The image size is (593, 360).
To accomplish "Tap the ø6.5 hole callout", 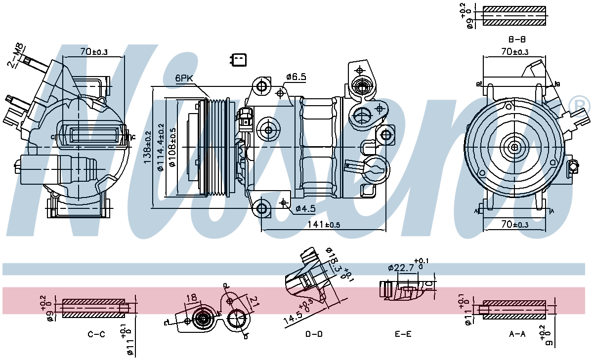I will coord(296,77).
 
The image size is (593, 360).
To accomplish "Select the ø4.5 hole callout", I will coord(305,208).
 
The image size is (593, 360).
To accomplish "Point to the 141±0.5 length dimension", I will coord(324,224).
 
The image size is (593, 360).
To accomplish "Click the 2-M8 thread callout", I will coord(17,54).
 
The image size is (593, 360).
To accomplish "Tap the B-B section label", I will coord(516,39).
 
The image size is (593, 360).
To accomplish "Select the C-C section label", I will coord(96,334).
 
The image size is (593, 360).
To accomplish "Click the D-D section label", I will coord(314,334).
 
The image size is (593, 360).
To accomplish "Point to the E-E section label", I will coord(403,334).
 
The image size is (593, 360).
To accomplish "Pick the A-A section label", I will coord(517,334).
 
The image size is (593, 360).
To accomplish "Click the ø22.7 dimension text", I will coord(401,268).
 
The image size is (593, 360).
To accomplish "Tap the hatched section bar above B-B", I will coord(514,16).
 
